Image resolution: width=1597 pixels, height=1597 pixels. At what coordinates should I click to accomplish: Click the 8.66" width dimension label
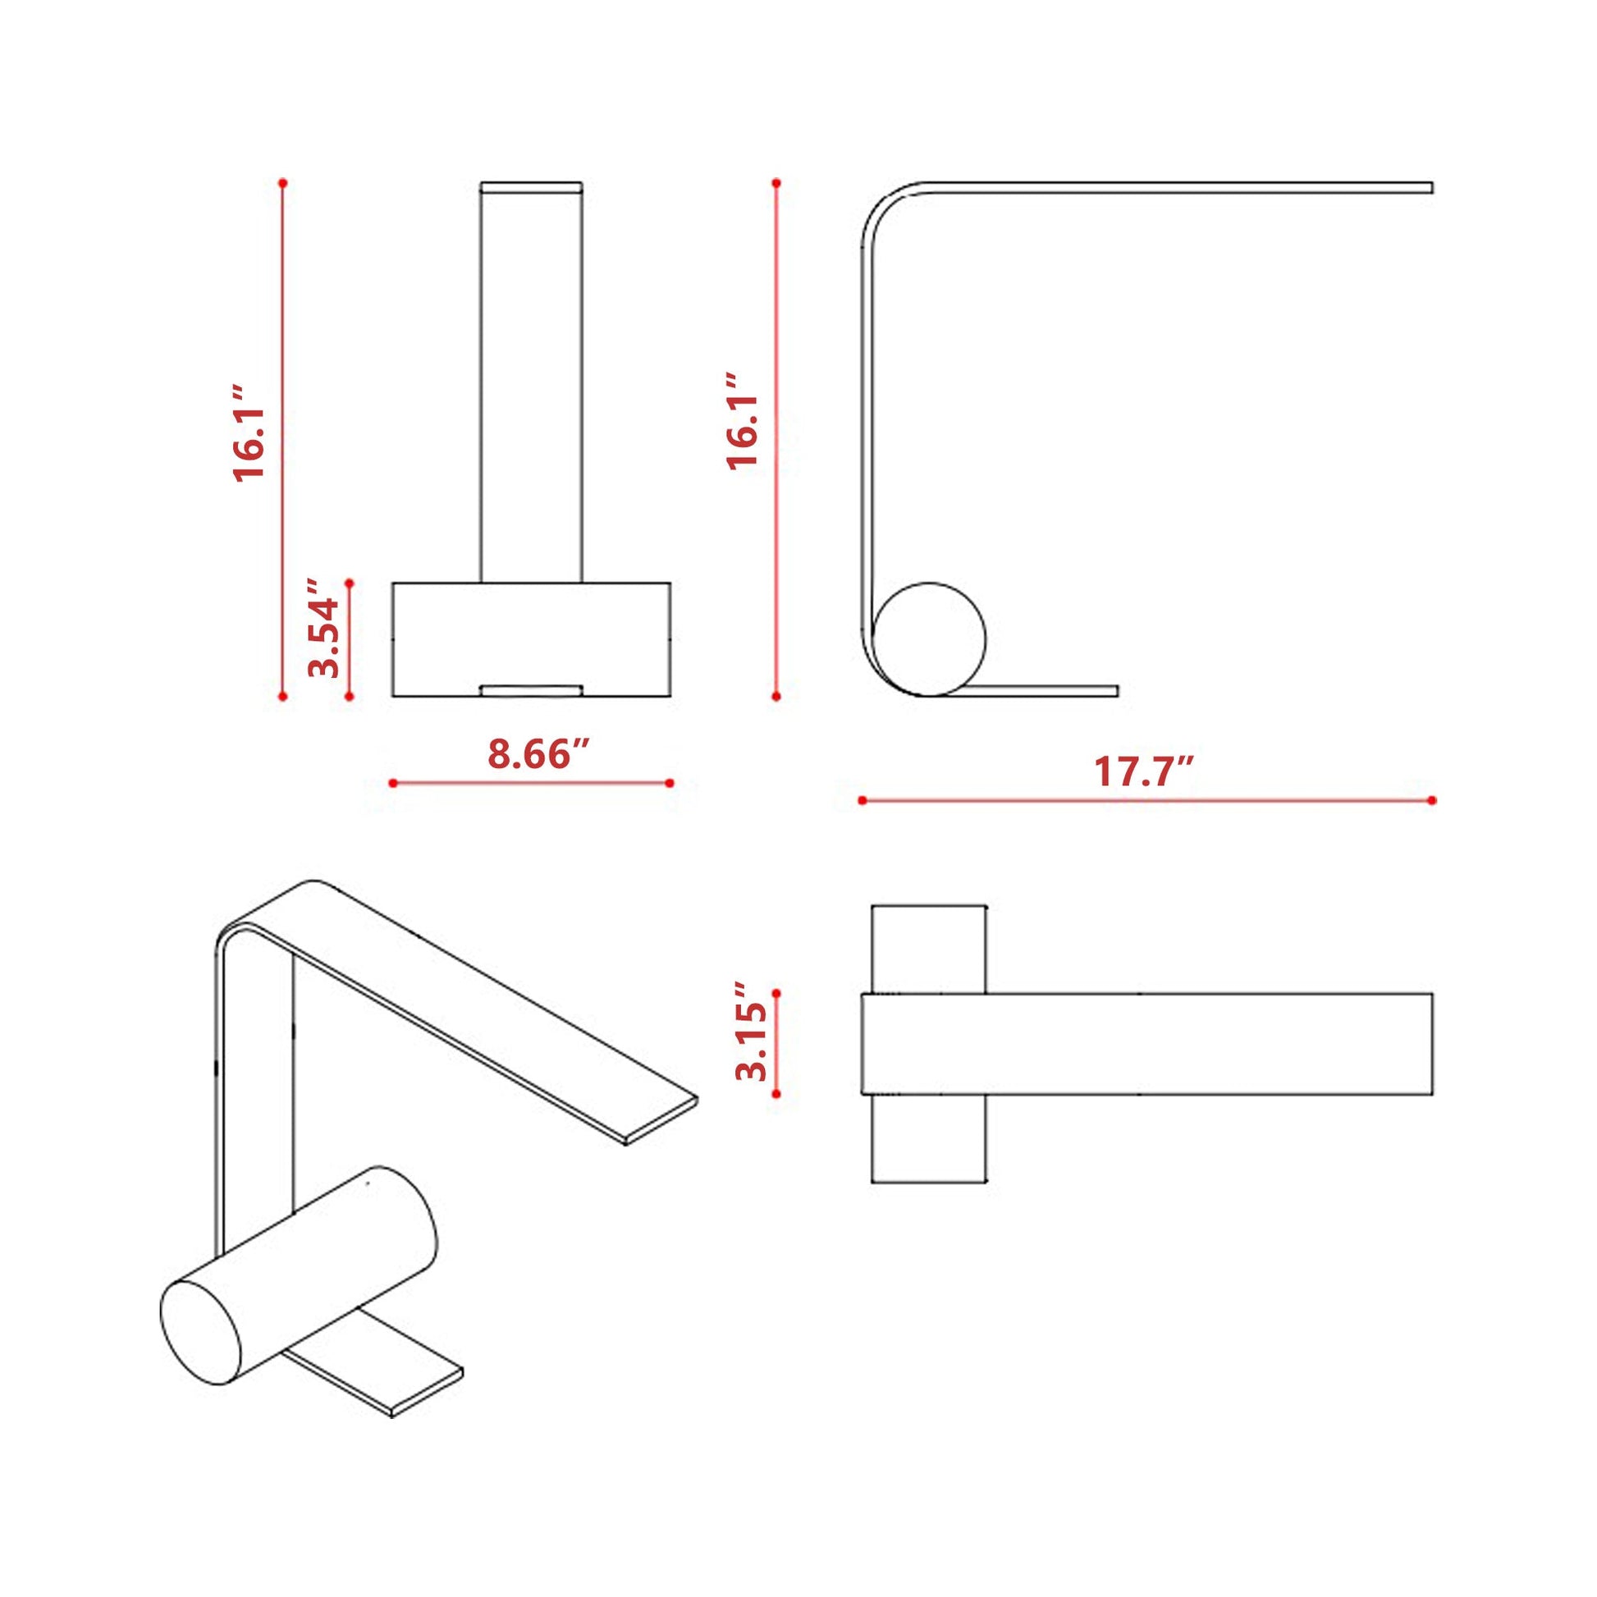tap(538, 755)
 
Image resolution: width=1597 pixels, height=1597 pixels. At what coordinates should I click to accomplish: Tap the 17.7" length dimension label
tap(1144, 772)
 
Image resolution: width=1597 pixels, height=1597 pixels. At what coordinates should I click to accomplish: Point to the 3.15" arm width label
tap(753, 1043)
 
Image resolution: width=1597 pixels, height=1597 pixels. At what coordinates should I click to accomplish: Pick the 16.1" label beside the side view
tap(743, 422)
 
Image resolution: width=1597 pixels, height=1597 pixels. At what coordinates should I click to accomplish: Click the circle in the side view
tap(931, 640)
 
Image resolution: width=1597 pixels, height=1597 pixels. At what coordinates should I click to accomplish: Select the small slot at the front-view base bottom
tap(532, 689)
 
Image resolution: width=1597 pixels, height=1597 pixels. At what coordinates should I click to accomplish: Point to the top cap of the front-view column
tap(532, 188)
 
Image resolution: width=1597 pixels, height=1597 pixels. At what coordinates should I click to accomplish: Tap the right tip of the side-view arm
tap(1429, 188)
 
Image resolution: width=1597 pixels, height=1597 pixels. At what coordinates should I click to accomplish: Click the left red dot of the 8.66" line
tap(393, 783)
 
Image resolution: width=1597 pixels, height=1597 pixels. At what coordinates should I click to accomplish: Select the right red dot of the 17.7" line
tap(1433, 800)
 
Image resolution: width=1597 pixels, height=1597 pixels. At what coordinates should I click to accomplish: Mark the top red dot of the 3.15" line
tap(776, 993)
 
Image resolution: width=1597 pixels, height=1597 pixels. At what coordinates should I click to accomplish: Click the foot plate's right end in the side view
tap(1114, 691)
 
